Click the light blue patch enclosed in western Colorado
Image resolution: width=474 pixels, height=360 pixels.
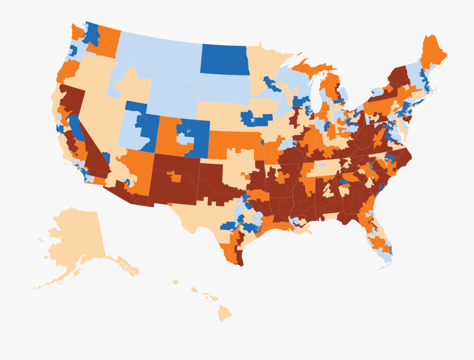(x=183, y=138)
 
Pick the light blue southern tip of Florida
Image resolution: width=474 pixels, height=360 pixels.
(x=387, y=258)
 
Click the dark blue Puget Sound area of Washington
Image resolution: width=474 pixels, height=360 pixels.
(x=92, y=34)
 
